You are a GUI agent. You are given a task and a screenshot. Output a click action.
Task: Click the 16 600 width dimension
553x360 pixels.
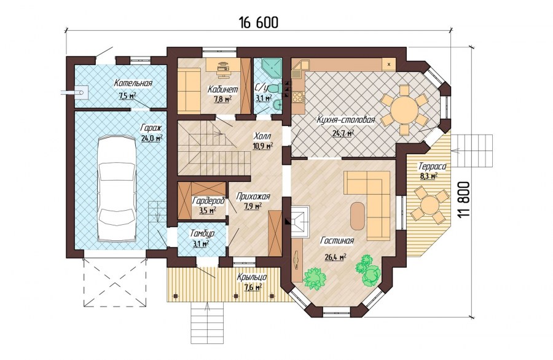click(x=259, y=22)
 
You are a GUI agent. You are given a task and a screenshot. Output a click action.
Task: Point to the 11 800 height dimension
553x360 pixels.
click(x=465, y=200)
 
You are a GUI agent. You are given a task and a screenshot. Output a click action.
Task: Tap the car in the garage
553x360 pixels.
click(x=117, y=189)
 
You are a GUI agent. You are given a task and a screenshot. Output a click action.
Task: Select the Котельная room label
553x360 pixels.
click(x=133, y=84)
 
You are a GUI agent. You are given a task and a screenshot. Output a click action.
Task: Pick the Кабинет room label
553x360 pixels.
click(x=223, y=90)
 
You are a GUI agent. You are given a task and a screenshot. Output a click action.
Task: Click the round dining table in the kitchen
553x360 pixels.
click(x=404, y=109)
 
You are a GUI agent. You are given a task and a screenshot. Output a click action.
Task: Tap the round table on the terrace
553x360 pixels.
click(x=429, y=205)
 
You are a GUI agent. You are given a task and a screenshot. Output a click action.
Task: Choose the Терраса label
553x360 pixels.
click(x=433, y=166)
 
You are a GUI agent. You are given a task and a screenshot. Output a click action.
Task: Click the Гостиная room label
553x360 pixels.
click(x=337, y=241)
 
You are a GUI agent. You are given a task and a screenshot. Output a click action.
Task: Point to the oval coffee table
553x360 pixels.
click(x=358, y=216)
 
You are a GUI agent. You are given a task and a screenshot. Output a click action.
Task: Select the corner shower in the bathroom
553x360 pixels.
click(x=272, y=68)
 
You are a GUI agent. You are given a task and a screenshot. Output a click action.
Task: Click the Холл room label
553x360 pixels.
click(x=262, y=136)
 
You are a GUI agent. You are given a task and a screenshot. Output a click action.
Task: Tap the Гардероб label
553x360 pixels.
click(x=209, y=201)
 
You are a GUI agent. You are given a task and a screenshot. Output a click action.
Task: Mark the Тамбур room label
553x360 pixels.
click(x=202, y=234)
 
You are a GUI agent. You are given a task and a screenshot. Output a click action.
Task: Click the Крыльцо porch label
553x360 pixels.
click(x=252, y=277)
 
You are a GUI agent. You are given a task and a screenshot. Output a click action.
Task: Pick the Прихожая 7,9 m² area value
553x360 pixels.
click(x=253, y=206)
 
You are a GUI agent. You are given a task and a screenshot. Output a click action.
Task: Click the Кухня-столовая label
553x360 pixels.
click(x=345, y=120)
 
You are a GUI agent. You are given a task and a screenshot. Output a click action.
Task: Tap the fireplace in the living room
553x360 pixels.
click(x=300, y=221)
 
